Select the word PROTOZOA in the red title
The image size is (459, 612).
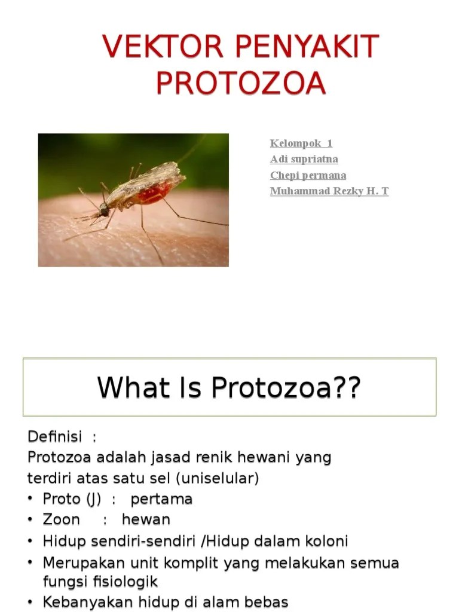tap(241, 84)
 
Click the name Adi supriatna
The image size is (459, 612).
tap(304, 159)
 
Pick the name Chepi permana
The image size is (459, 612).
tap(308, 175)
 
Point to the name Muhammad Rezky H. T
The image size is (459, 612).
tap(329, 191)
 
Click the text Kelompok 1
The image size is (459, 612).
tap(301, 143)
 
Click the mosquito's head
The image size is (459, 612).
tap(105, 210)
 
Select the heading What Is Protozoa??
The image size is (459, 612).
tap(229, 388)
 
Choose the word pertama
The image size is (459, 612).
tap(161, 499)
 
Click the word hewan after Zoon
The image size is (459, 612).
tap(146, 519)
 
